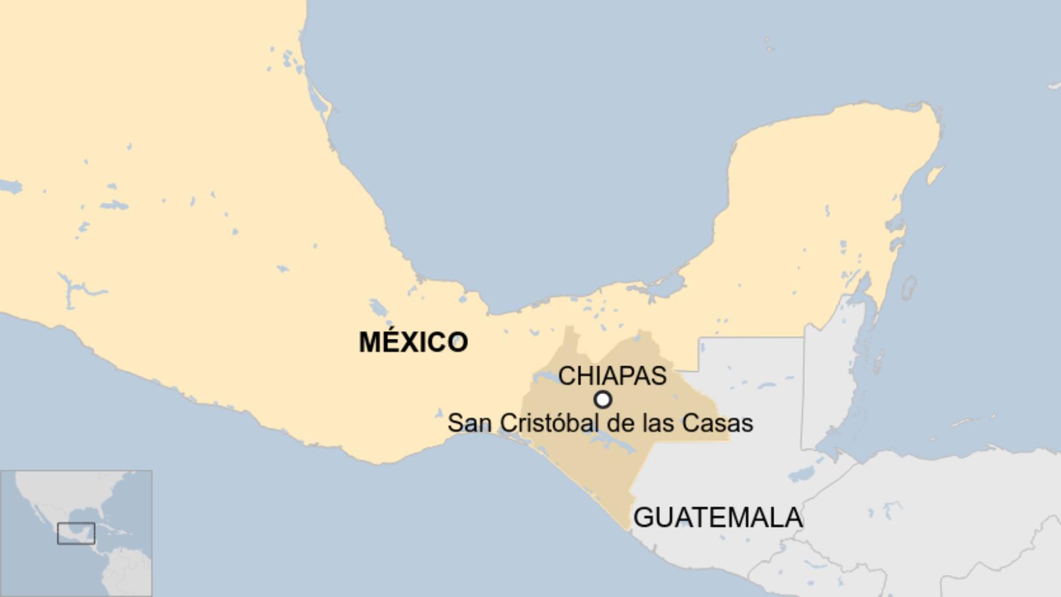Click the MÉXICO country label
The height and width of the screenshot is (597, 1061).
[x=413, y=342]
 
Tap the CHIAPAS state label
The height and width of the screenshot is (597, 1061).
[x=612, y=376]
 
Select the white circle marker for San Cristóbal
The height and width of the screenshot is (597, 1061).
[x=603, y=399]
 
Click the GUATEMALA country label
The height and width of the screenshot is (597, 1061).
[x=718, y=518]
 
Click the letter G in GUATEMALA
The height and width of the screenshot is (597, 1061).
[x=644, y=518]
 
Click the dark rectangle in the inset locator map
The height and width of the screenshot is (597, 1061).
[x=76, y=533]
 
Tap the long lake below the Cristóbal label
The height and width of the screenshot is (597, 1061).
[x=611, y=446]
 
